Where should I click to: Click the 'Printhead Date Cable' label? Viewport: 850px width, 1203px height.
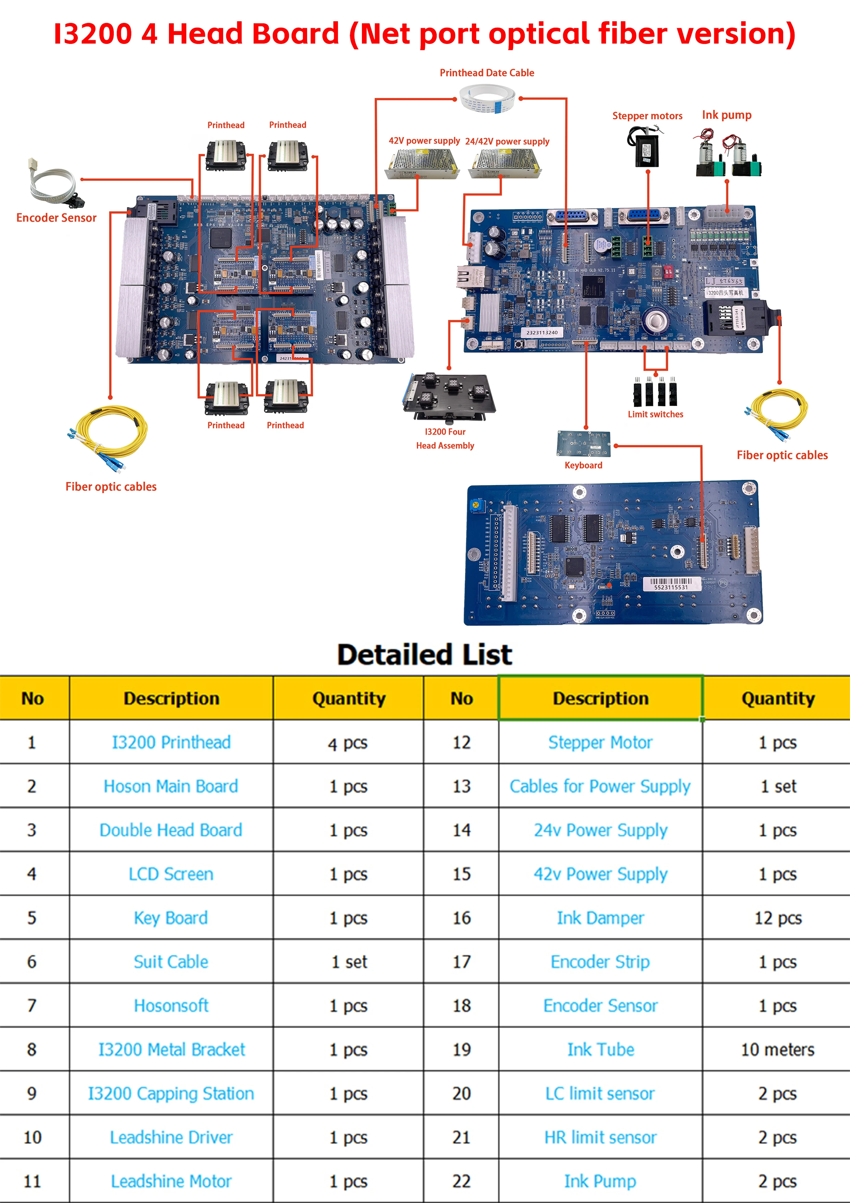487,73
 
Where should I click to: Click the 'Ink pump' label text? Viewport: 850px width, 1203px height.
726,115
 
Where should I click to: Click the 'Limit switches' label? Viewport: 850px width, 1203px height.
655,414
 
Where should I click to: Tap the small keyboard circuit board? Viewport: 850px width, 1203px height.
583,443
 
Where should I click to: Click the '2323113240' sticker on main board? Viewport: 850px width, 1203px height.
542,332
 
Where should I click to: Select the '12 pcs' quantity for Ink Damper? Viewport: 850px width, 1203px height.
778,918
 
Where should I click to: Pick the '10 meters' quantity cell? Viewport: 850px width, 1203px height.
778,1049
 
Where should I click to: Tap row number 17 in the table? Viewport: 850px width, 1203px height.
461,962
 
